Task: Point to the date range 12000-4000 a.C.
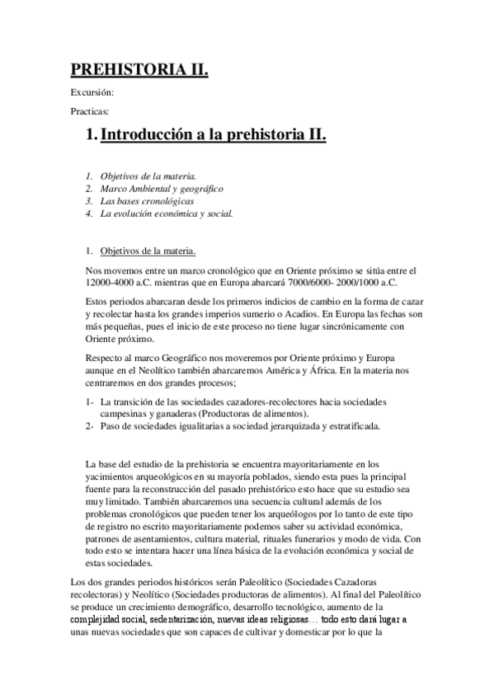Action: (x=119, y=282)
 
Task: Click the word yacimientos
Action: (x=111, y=476)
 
